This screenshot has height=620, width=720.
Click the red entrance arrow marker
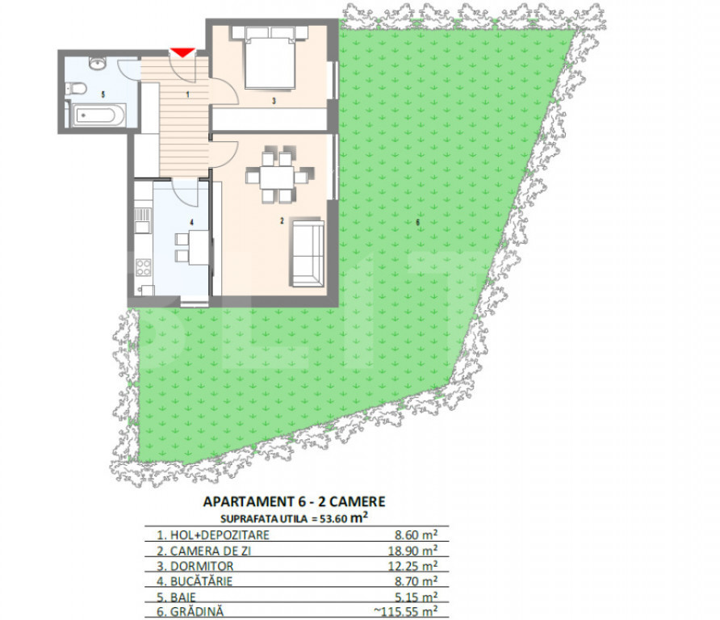click(x=182, y=52)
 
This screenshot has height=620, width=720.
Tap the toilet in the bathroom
click(x=76, y=88)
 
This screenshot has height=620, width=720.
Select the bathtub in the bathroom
click(x=97, y=115)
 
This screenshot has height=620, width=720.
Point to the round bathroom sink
click(x=98, y=63)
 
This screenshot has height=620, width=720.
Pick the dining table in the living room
click(x=277, y=178)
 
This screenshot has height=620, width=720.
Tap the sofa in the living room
click(x=307, y=253)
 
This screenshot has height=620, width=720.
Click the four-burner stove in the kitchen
click(x=143, y=267)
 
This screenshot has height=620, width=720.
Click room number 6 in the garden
click(x=417, y=222)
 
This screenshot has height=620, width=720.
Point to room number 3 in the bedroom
click(x=274, y=101)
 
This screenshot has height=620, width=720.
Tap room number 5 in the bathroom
click(x=103, y=94)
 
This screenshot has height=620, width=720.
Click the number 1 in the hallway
click(x=188, y=94)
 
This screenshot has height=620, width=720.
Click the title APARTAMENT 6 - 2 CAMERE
click(x=295, y=501)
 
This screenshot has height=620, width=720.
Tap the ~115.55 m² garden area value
click(x=405, y=612)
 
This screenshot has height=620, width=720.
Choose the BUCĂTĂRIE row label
click(x=201, y=581)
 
